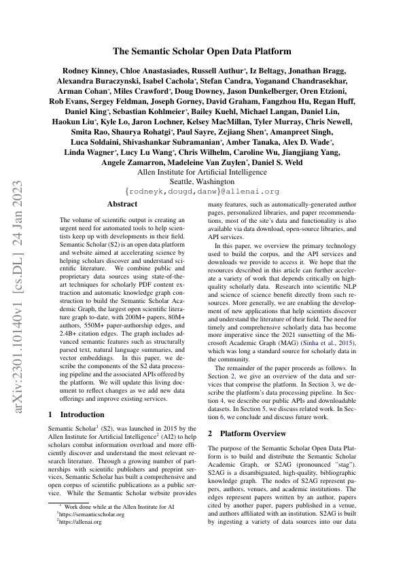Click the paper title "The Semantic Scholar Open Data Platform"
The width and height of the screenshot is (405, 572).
(x=202, y=51)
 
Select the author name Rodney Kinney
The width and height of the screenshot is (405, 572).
(x=88, y=70)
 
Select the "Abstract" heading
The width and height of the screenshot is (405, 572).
(x=122, y=204)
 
